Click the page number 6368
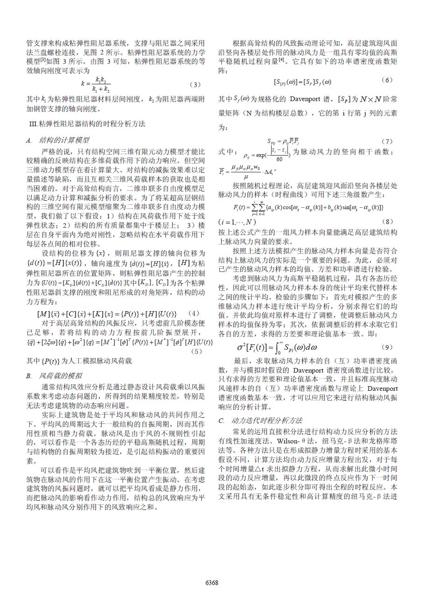point(212,583)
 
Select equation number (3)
point(195,84)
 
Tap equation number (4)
point(195,313)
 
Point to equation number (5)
point(197,351)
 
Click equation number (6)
point(386,80)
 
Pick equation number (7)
point(387,141)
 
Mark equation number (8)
point(387,221)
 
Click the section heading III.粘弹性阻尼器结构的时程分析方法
point(87,124)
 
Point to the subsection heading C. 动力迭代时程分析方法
point(260,420)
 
